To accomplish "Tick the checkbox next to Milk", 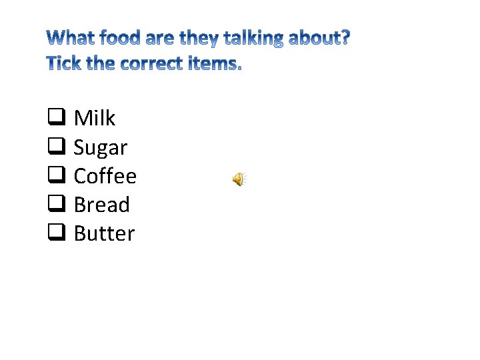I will pyautogui.click(x=56, y=119).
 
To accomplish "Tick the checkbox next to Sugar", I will pyautogui.click(x=56, y=147).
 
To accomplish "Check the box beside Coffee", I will pyautogui.click(x=56, y=177).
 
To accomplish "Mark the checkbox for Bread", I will pyautogui.click(x=56, y=205).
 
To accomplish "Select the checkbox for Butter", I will pyautogui.click(x=56, y=234).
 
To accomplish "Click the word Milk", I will pyautogui.click(x=95, y=118).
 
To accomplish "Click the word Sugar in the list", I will pyautogui.click(x=101, y=147).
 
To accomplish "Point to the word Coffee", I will pyautogui.click(x=105, y=176).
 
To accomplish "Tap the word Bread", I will pyautogui.click(x=102, y=205).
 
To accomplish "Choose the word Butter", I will pyautogui.click(x=105, y=233).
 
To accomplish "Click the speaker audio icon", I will pyautogui.click(x=239, y=179).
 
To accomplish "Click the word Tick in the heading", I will pyautogui.click(x=65, y=65).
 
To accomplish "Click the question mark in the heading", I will pyautogui.click(x=345, y=37).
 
